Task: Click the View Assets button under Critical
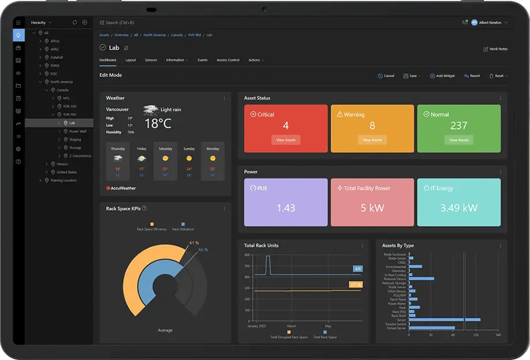(286, 140)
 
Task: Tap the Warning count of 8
(372, 126)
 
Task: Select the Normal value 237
(459, 126)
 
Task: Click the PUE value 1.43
(286, 208)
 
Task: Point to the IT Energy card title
(442, 188)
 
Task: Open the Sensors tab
(151, 60)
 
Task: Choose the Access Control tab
(227, 60)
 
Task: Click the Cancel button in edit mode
(386, 76)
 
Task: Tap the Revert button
(472, 76)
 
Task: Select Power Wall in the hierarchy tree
(77, 131)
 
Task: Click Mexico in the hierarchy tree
(62, 164)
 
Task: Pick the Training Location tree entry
(63, 181)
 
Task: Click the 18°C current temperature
(159, 123)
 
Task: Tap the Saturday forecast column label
(166, 149)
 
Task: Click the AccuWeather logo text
(123, 188)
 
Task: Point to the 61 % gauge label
(194, 243)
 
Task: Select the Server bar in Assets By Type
(444, 319)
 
